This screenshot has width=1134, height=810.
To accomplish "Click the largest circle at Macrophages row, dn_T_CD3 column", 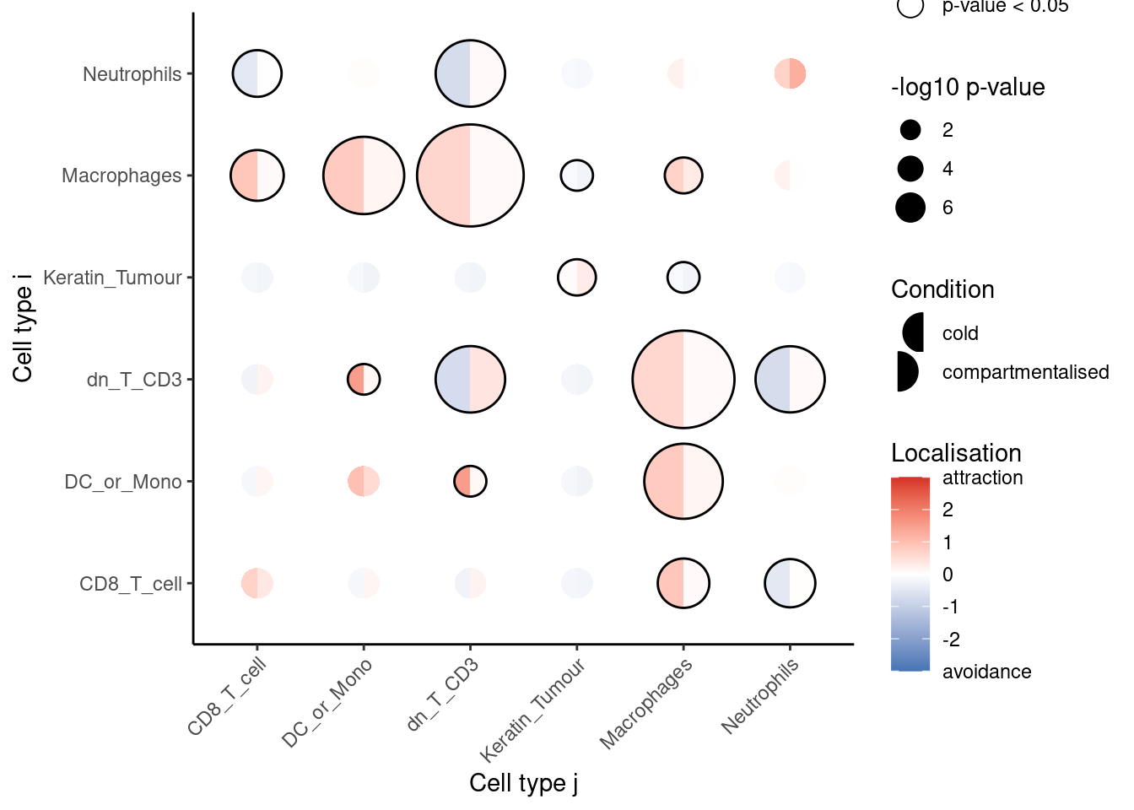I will click(470, 175).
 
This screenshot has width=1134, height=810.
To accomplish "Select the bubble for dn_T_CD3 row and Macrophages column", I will click(683, 380).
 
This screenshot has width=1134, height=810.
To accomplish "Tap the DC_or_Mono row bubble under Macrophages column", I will click(683, 481).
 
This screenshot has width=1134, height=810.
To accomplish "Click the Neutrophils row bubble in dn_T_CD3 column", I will click(470, 73).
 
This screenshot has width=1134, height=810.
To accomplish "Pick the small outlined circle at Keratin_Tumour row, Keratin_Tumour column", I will click(577, 277).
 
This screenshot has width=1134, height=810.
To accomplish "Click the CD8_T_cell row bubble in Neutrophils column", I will click(790, 583).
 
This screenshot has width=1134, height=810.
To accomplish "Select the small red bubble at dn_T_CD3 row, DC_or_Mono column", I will click(364, 380).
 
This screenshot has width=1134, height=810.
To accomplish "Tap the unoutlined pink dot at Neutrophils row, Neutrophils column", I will click(790, 73).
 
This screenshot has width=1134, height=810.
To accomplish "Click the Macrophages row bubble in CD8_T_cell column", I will click(257, 175).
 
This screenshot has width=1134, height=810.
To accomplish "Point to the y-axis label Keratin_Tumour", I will click(112, 278).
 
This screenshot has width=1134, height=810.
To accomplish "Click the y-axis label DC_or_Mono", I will click(123, 482).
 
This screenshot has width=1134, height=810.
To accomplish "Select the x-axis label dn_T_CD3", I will click(443, 694).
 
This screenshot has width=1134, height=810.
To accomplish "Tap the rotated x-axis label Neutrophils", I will click(760, 697).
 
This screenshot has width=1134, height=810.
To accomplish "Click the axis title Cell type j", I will click(523, 783).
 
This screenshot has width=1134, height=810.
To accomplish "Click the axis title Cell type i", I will click(23, 327).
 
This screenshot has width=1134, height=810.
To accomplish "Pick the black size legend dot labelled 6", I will click(910, 208).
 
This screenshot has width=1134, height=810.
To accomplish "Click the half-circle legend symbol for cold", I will click(914, 332).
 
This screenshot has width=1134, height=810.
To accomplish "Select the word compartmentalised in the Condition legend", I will click(1025, 372).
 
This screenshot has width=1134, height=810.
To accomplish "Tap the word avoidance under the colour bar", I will click(986, 672).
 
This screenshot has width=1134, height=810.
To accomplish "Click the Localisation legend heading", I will click(956, 453).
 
